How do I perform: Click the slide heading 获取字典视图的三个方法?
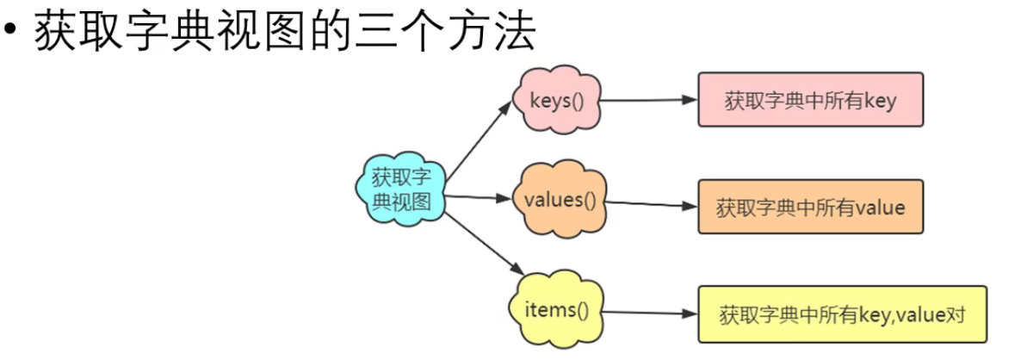point(285,32)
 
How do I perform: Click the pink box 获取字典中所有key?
point(809,101)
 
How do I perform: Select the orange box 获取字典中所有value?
point(809,208)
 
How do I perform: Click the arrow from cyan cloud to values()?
point(479,197)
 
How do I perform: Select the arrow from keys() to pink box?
point(647,100)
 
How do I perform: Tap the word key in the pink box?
point(880,102)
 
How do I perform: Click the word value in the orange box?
point(882,208)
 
